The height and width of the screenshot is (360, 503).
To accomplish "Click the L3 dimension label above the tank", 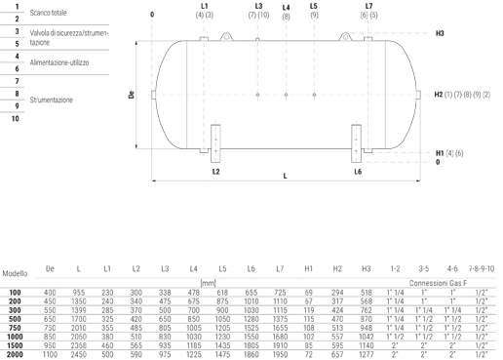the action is (x=258, y=6).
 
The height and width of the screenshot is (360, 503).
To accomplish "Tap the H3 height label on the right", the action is (x=440, y=33).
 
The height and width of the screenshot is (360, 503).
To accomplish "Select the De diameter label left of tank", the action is (x=132, y=95).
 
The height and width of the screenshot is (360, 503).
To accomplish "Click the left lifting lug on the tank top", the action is (x=226, y=36).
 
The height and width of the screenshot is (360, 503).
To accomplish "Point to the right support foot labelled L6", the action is (x=356, y=143).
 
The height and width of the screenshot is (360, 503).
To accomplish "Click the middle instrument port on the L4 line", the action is (x=286, y=95).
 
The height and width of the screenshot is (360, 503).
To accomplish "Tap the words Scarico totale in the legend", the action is (x=48, y=13).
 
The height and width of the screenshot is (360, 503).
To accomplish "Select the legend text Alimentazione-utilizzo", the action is (x=59, y=62).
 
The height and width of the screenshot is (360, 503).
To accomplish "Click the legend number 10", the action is (x=16, y=118).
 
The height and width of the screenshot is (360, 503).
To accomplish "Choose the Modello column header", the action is (x=15, y=273).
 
